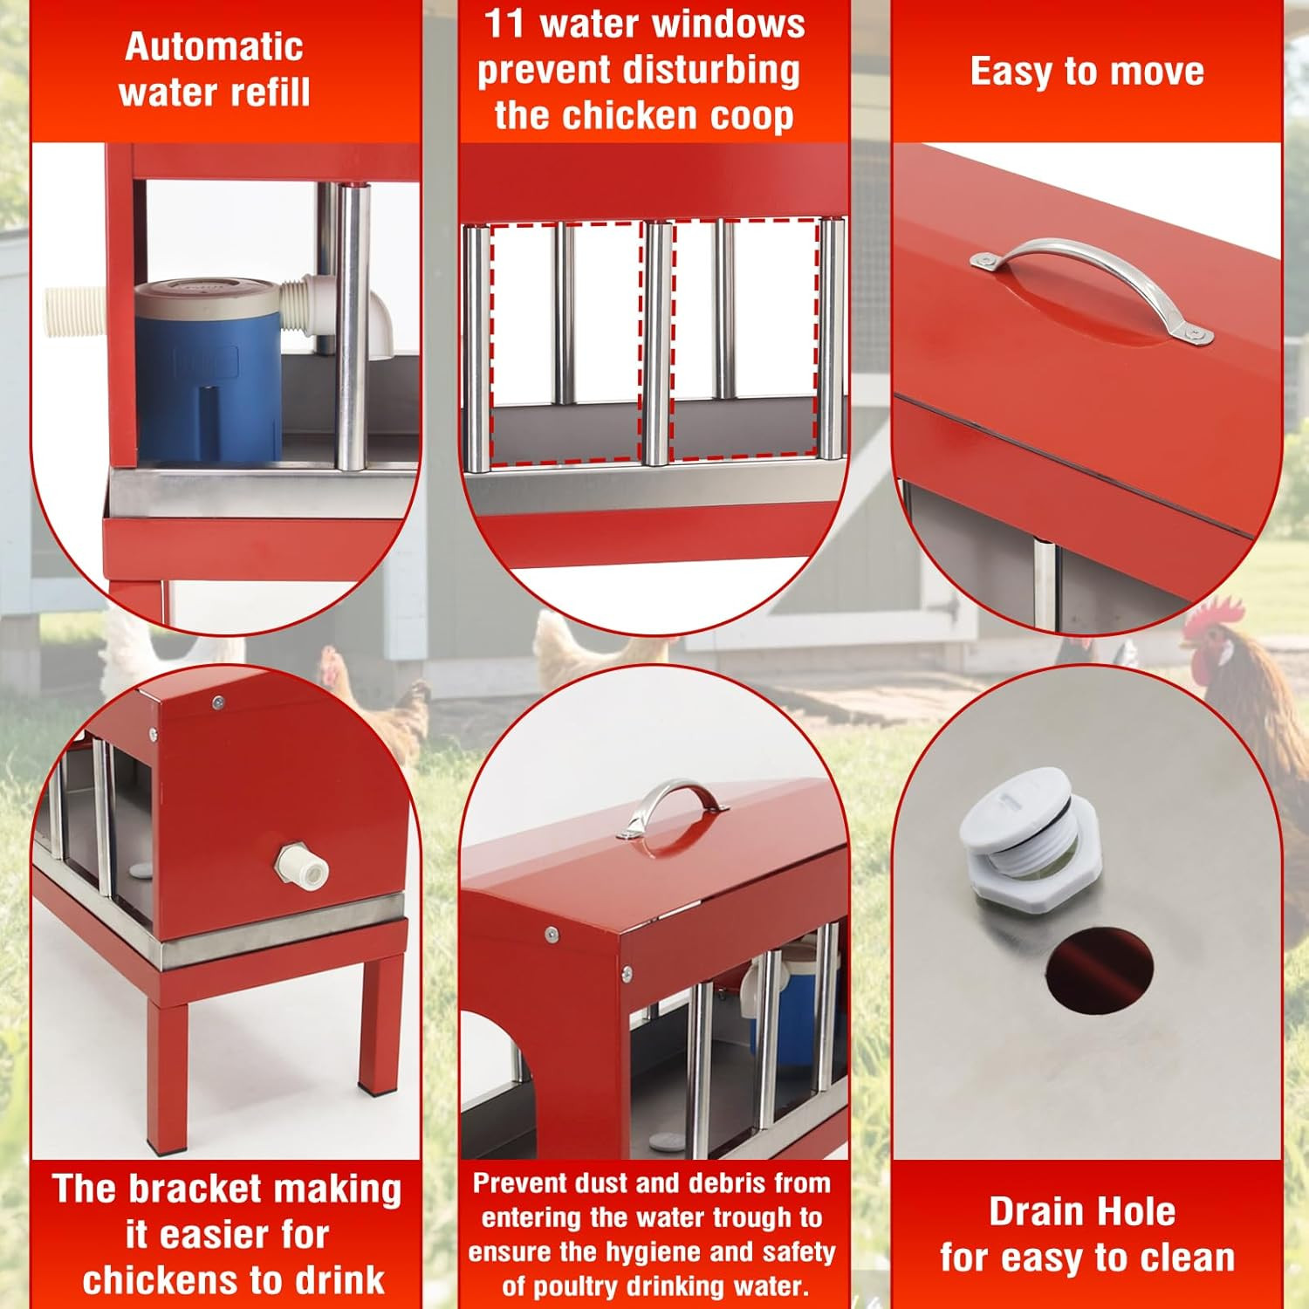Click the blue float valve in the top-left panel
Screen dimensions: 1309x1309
208,371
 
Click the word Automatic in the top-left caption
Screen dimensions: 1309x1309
214,47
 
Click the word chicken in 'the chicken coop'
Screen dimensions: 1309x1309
644,115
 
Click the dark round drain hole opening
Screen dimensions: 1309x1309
1100,969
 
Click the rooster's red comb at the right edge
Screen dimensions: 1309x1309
1216,613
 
